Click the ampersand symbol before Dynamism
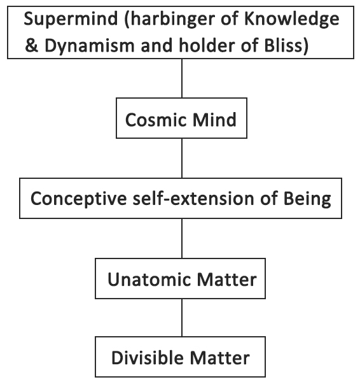pos(32,45)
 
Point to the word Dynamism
pos(89,46)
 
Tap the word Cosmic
pos(156,120)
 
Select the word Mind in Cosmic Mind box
pos(214,120)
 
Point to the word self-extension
pos(193,199)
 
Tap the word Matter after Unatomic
pos(226,279)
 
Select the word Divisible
pos(148,358)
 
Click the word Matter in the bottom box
pos(220,358)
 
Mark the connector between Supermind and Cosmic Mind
pos(182,78)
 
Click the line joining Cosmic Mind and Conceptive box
pos(182,158)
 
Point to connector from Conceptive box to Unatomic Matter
pos(182,238)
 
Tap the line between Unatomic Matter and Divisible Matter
pos(182,318)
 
